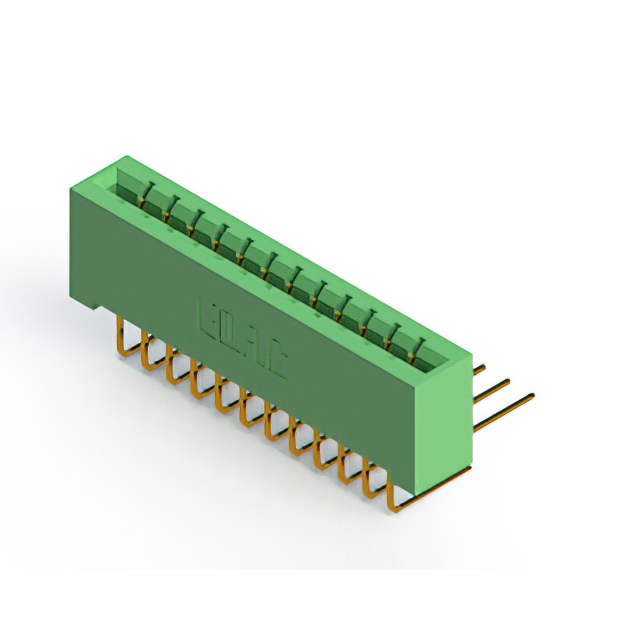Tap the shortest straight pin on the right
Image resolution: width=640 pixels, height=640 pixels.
(478, 369)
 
